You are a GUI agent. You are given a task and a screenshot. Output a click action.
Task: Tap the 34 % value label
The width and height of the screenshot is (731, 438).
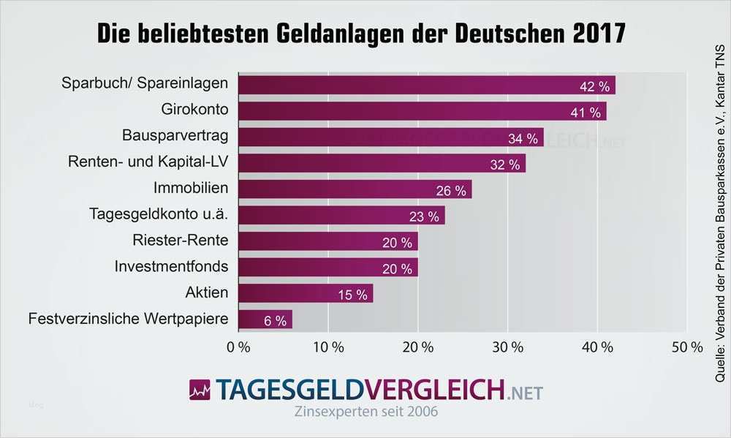pos(523,137)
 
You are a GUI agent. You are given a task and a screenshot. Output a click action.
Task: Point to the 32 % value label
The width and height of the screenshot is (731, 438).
pos(505,164)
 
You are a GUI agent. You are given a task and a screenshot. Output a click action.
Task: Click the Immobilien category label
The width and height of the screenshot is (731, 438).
pos(191,188)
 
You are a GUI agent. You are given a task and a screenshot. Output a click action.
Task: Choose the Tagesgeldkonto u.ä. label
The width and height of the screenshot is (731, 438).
pos(159,214)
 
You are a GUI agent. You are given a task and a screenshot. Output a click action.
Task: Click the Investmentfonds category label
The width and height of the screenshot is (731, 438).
pos(172,266)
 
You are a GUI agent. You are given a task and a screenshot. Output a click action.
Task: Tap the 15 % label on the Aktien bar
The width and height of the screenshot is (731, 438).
pos(352,295)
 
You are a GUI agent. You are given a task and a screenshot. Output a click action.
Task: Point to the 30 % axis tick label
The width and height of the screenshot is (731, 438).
pos(507,347)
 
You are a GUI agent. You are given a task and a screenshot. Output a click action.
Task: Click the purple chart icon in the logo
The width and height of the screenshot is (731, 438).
pos(200,390)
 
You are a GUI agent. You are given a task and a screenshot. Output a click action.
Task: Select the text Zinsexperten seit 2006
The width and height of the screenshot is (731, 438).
pos(365,412)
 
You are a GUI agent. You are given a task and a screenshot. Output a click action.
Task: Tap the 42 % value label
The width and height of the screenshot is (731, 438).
pos(594,86)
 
